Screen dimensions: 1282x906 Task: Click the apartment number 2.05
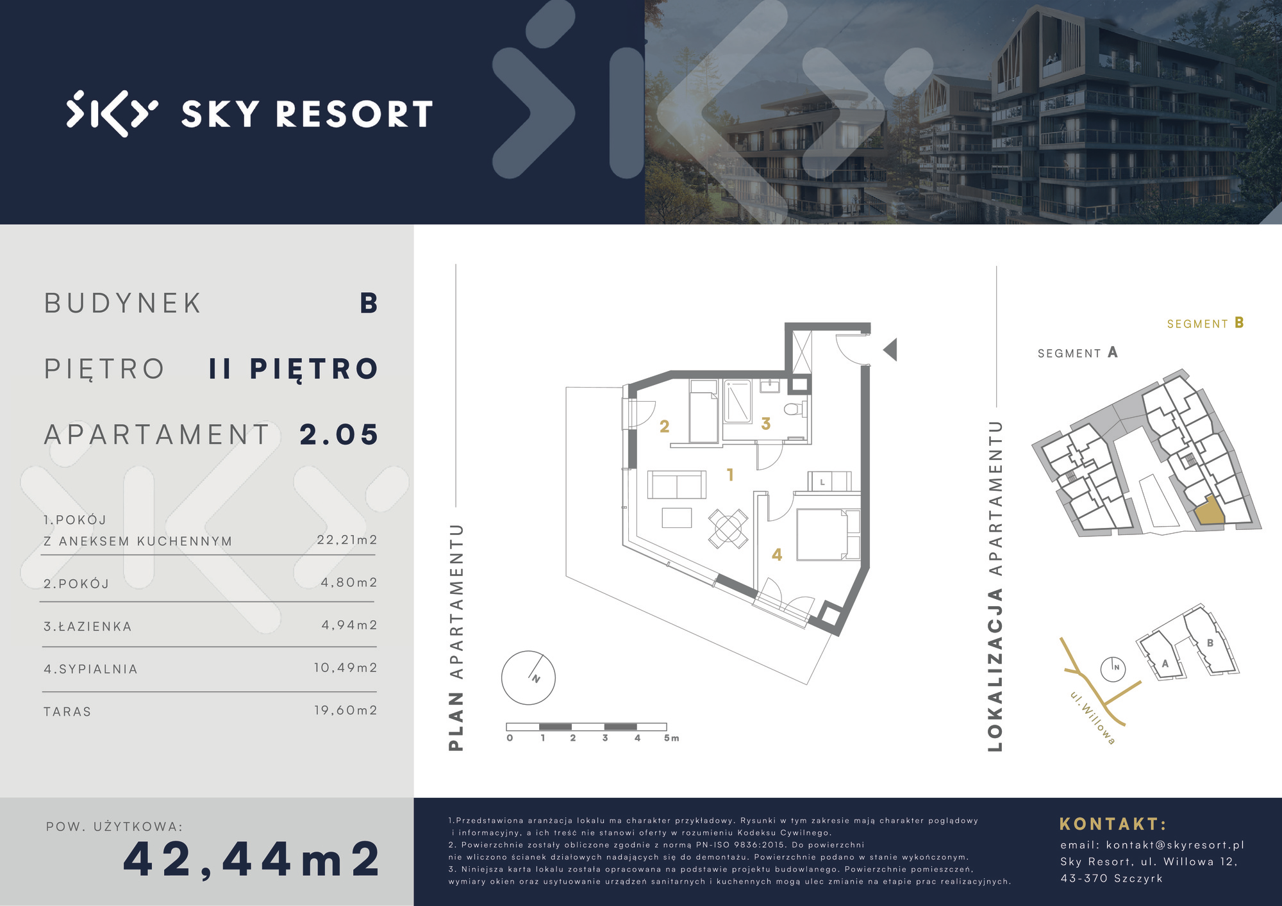click(x=339, y=434)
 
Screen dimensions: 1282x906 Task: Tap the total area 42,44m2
click(x=252, y=859)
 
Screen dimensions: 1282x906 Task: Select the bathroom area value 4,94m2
click(x=349, y=625)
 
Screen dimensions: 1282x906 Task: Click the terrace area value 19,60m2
click(x=345, y=710)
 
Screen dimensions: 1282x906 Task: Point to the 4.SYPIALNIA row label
click(x=90, y=669)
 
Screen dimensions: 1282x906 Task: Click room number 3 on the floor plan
click(x=765, y=424)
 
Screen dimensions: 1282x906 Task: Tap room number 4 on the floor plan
click(x=777, y=555)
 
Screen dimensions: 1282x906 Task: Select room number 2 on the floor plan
click(x=664, y=426)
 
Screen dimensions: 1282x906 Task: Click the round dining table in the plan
click(x=728, y=529)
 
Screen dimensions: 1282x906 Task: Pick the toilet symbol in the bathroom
click(x=794, y=408)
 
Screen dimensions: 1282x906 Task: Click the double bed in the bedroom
click(x=828, y=534)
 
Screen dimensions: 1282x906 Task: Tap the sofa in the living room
click(x=677, y=484)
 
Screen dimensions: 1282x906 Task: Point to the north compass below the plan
click(x=528, y=677)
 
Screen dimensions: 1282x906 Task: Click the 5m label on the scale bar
click(x=671, y=738)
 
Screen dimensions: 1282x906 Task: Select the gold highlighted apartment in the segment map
click(x=1208, y=513)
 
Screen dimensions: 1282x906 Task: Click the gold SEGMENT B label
click(x=1205, y=323)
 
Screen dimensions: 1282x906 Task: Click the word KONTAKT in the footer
click(x=1109, y=824)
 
